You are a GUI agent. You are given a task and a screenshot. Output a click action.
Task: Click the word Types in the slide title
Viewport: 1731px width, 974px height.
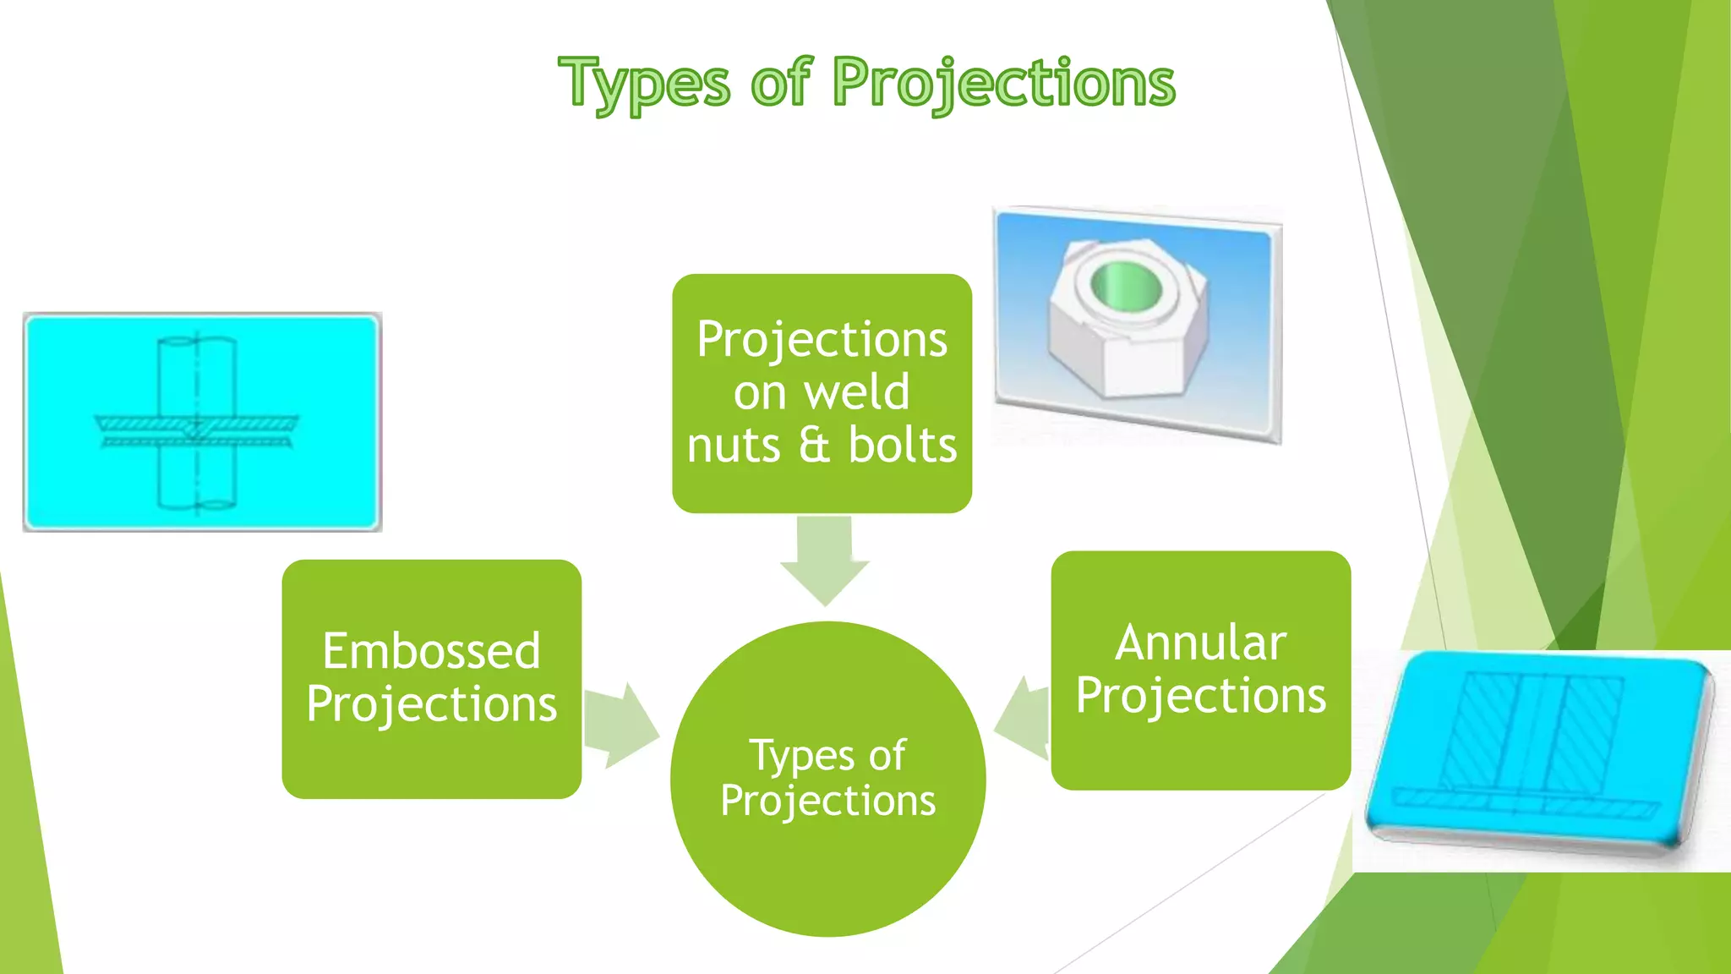pos(644,83)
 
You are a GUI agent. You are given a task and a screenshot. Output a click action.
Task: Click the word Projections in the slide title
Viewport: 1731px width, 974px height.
pos(1003,83)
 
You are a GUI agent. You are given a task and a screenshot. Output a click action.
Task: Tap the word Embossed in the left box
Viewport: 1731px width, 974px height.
pos(431,651)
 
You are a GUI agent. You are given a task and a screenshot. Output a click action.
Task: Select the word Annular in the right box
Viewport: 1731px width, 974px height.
pos(1200,643)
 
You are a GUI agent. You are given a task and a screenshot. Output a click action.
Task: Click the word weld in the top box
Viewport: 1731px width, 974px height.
pos(856,392)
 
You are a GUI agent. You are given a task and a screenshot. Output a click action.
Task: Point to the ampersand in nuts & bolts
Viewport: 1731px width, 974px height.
pos(814,446)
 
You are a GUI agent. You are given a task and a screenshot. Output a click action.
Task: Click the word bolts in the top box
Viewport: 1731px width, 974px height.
pos(903,446)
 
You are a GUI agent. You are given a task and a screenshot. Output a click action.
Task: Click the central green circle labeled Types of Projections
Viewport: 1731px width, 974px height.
pos(828,871)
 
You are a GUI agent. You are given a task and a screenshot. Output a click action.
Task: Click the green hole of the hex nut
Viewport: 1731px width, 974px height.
pos(1126,285)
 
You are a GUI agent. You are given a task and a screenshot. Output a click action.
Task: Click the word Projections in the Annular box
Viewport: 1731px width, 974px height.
pos(1200,696)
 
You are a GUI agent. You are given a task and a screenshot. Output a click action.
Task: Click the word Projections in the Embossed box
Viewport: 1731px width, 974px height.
pos(431,704)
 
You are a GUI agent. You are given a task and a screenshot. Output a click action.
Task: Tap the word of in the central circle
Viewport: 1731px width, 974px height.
pos(887,755)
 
